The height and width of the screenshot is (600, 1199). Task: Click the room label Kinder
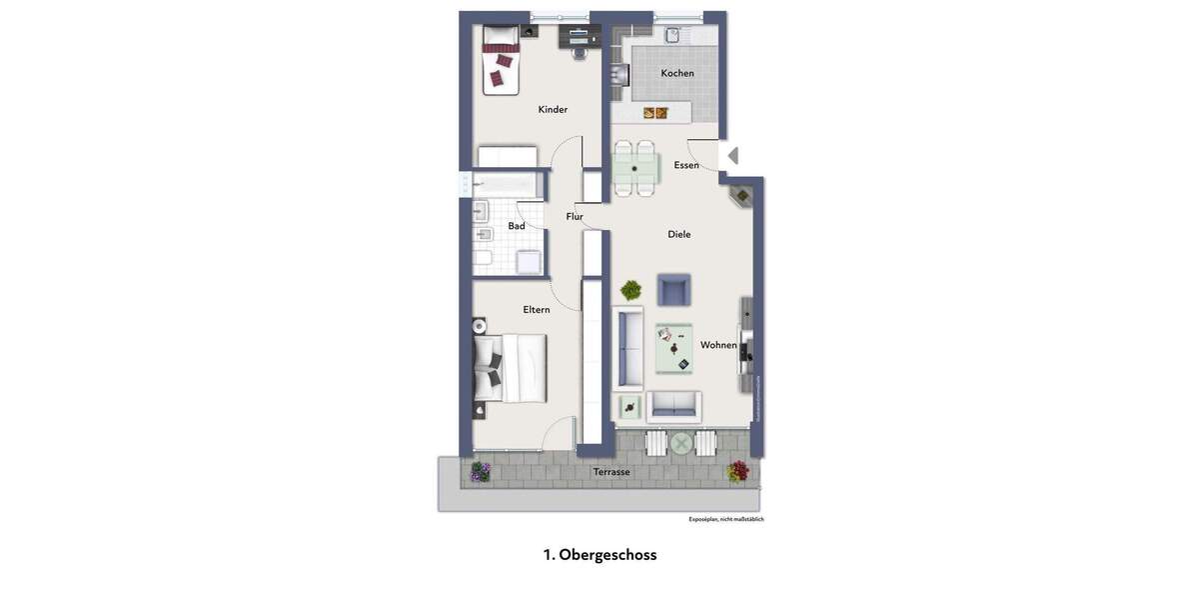553,109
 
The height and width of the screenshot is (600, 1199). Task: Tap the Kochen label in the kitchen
677,73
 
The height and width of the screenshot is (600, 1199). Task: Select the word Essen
686,165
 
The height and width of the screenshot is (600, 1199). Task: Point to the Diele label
679,234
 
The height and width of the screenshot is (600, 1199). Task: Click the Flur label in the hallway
575,216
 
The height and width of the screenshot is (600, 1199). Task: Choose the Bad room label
517,226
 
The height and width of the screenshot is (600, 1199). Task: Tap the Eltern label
537,310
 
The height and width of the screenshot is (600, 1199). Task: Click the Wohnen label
718,345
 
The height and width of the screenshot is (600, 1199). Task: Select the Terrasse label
611,472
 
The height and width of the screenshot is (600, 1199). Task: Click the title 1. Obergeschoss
599,554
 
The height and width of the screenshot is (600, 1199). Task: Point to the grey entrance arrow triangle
732,156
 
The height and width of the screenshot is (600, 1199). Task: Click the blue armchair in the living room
673,290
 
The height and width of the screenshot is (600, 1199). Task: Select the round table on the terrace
681,443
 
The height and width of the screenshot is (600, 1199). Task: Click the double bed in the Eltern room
512,368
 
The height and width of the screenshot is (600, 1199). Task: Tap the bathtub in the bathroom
508,185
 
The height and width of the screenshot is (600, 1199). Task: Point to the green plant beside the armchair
630,291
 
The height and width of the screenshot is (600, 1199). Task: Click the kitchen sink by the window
672,35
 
